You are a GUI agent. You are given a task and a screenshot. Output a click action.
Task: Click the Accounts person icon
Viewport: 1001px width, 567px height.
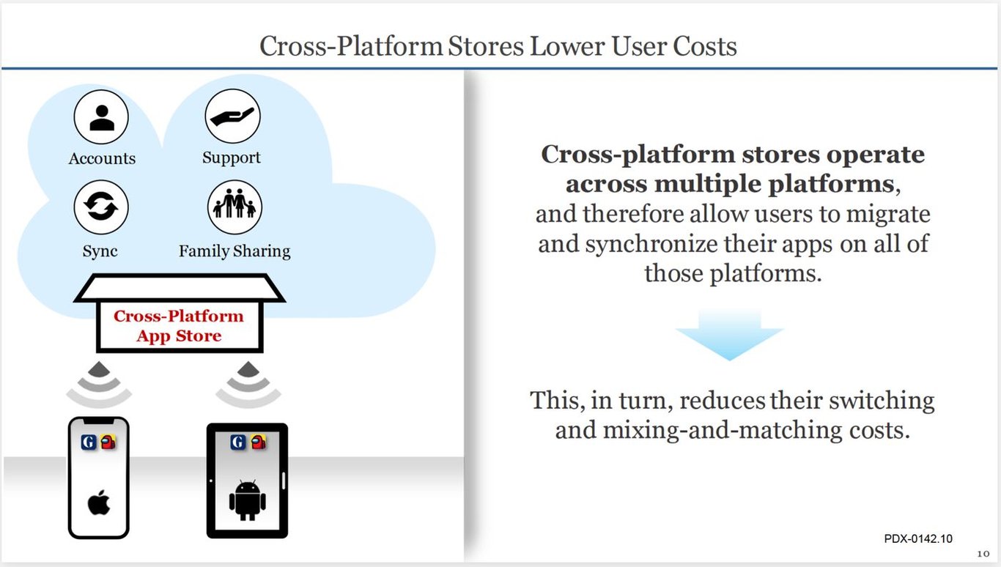(101, 116)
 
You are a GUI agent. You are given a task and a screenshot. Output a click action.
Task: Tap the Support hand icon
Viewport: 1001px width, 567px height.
(232, 116)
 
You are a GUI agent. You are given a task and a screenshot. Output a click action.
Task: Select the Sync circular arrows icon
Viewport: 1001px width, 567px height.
(101, 207)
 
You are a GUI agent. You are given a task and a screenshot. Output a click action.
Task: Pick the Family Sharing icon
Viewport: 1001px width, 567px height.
(234, 207)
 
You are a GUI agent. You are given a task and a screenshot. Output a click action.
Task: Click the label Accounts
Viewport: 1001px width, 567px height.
(102, 158)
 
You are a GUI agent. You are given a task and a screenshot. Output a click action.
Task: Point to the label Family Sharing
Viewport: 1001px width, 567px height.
(234, 251)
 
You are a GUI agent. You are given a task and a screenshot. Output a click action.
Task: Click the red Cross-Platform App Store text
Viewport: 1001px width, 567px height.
(179, 326)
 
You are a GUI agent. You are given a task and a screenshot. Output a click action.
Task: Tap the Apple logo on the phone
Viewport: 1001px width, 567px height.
(99, 503)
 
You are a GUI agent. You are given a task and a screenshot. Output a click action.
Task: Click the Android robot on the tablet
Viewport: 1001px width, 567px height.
(248, 500)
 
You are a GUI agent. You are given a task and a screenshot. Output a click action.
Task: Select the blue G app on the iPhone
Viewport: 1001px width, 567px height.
(89, 442)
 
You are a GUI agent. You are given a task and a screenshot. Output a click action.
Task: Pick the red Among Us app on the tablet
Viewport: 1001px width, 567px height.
(258, 442)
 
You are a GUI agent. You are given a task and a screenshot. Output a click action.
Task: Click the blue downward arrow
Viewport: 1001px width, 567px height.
(729, 334)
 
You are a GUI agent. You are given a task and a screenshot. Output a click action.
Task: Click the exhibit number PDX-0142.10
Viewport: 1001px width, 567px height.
(918, 538)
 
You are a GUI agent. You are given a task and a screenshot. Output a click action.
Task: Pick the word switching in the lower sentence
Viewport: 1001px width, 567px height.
(882, 401)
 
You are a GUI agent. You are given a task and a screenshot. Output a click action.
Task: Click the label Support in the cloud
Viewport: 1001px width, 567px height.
(232, 157)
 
